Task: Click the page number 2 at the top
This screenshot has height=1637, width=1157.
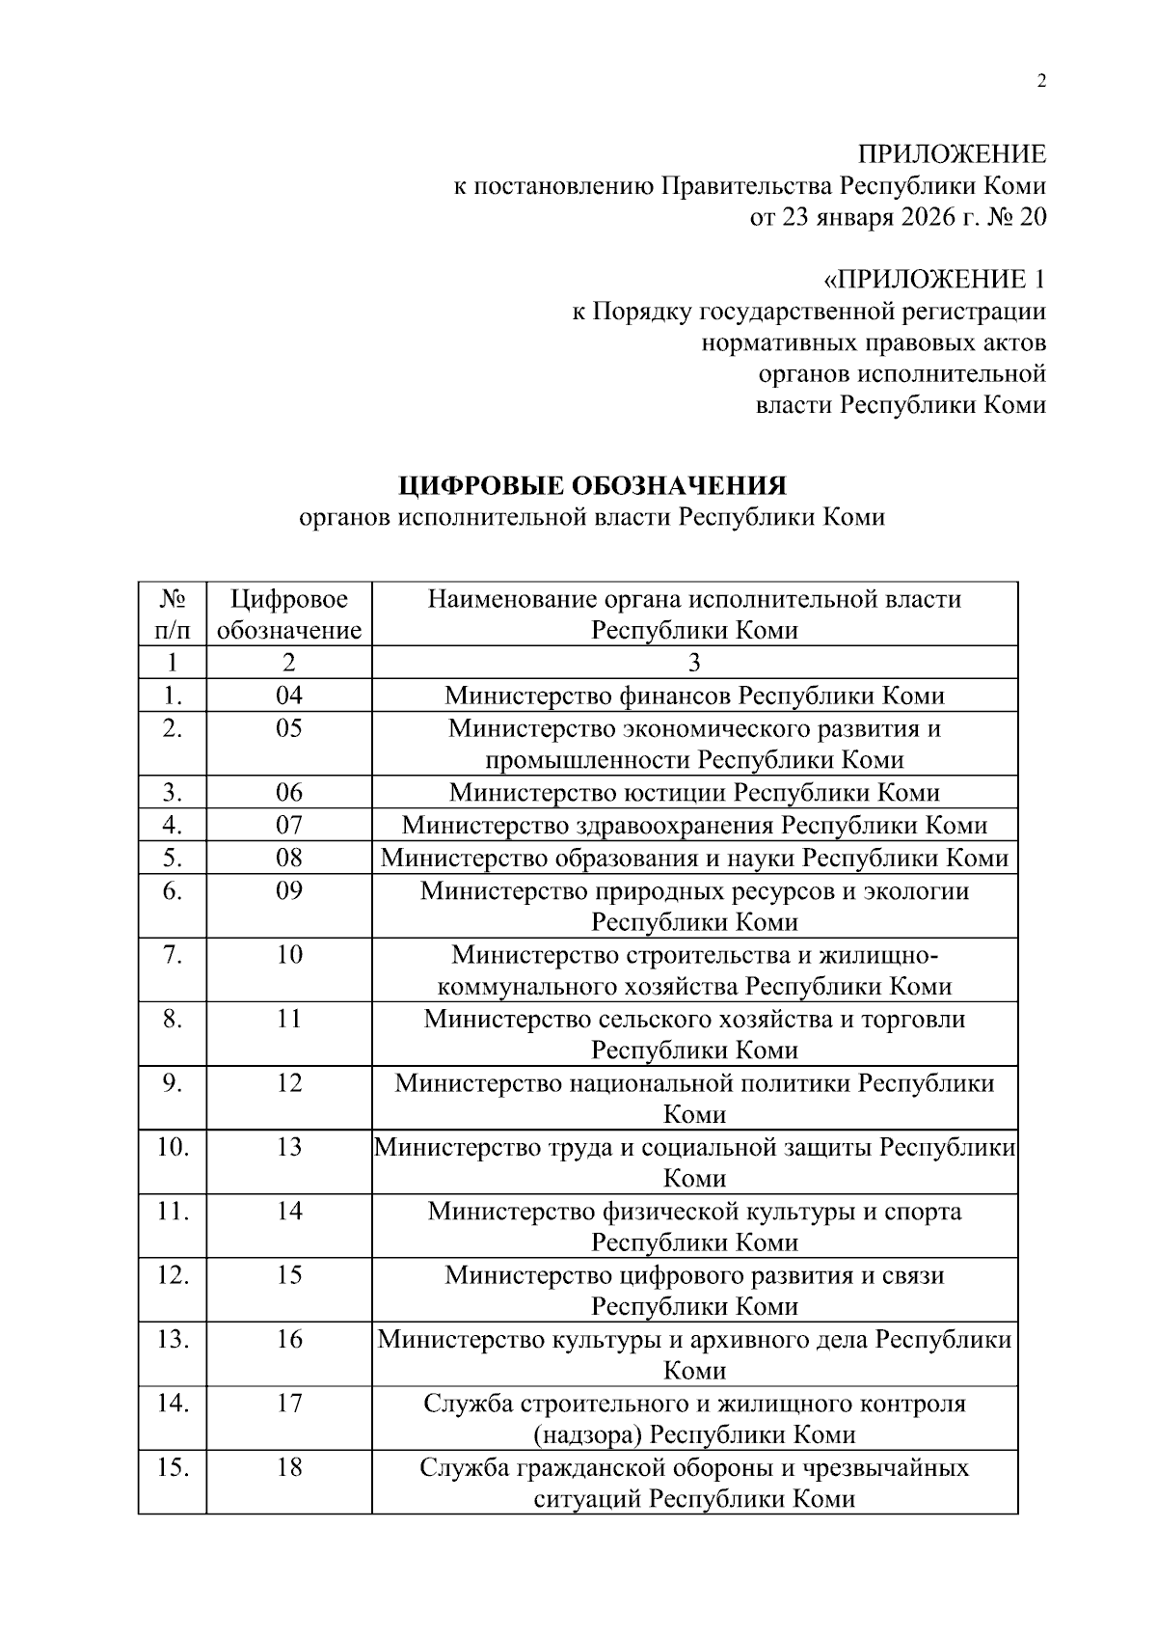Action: [x=1040, y=82]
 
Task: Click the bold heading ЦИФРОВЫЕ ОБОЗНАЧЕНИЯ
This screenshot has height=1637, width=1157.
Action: [x=592, y=484]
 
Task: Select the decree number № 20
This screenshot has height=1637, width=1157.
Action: [x=1017, y=217]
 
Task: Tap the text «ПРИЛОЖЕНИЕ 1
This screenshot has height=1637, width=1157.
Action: [x=933, y=280]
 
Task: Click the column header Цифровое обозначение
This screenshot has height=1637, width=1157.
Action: [x=289, y=614]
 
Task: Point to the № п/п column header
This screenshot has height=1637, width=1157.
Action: [x=172, y=614]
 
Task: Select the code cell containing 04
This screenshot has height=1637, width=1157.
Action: [x=289, y=696]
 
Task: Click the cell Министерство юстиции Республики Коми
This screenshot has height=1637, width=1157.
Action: [x=694, y=793]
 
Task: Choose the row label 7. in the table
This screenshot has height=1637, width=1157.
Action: [x=172, y=955]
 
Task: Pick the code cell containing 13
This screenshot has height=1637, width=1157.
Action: [x=289, y=1147]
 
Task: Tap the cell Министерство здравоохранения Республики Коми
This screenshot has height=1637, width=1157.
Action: [x=694, y=826]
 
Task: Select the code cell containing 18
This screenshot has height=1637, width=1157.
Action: [x=289, y=1467]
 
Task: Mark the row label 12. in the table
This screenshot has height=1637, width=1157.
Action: [x=172, y=1275]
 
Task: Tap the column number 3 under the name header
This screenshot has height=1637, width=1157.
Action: [x=694, y=663]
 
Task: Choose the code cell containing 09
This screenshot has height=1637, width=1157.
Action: [x=289, y=890]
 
